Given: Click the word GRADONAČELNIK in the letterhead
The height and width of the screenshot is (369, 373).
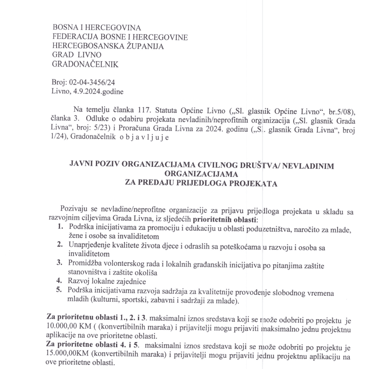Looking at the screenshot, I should coord(85,64).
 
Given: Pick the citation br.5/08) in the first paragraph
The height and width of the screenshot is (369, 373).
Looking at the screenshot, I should coord(338,109).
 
